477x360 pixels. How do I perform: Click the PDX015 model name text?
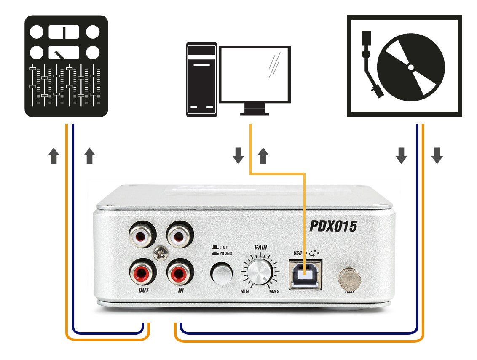pos(333,227)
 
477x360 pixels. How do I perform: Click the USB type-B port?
pos(305,274)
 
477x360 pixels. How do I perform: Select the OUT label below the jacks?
pos(144,291)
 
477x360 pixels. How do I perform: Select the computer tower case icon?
pos(201,79)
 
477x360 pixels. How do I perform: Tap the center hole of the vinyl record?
pos(410,67)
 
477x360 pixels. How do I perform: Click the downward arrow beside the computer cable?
pos(238,156)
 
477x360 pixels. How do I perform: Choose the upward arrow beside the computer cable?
pos(263,156)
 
